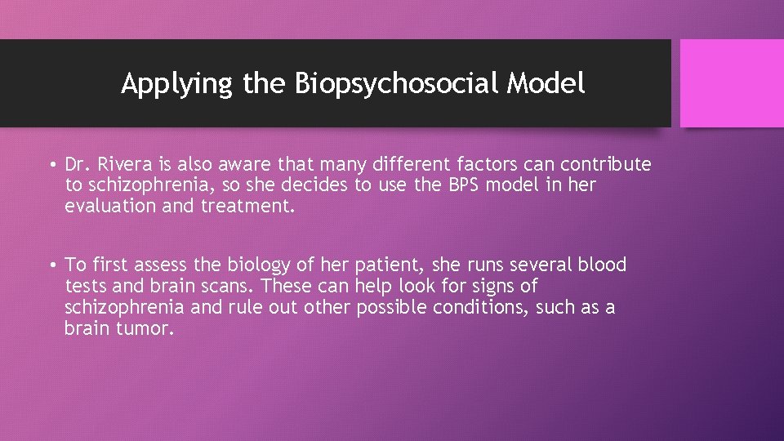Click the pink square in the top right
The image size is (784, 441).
coord(732,83)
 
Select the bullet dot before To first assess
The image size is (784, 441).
coord(51,265)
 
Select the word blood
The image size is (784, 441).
coord(601,265)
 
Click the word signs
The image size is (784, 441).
coord(494,287)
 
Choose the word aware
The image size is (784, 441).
coord(246,165)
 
